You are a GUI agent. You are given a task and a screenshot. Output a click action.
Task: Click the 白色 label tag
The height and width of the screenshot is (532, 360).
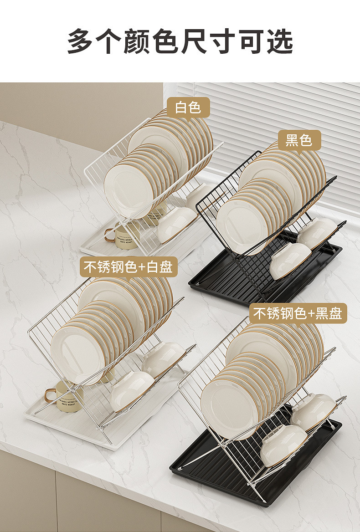[x=188, y=107]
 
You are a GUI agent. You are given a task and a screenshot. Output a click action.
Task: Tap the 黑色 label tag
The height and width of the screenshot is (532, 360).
[x=298, y=140]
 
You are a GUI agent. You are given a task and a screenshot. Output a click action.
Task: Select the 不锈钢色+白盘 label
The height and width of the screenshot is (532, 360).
[x=128, y=267]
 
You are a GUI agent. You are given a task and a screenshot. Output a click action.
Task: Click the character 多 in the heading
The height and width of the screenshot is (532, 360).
[x=82, y=42]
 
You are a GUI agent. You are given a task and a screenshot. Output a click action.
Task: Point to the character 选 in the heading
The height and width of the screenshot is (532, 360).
[x=278, y=42]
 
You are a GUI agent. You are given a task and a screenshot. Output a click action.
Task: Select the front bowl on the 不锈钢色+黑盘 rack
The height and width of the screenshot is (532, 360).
[x=283, y=445]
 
